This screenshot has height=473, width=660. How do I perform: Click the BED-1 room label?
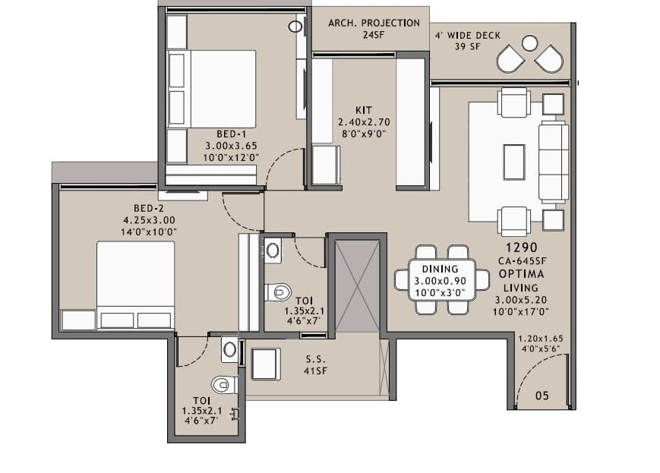pos(231,134)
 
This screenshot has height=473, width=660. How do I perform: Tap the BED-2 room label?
pos(149,208)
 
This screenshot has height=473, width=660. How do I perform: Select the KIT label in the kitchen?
pos(364,110)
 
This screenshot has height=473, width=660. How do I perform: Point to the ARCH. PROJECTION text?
pos(374,23)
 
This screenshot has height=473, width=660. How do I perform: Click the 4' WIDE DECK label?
pos(468,36)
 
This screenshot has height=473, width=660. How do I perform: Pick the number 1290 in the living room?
pos(522,248)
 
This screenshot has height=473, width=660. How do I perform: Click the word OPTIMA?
pos(522,274)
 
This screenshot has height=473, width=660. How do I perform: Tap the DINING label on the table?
pos(440,269)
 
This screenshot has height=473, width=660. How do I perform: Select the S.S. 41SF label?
pos(316,365)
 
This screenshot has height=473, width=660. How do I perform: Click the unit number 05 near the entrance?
pos(542,396)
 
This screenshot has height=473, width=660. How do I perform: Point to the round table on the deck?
pos(529,43)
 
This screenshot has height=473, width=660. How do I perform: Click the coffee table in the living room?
pos(514,162)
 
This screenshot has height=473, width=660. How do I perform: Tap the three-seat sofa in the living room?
pos(554,162)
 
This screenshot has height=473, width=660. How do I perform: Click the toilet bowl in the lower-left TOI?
pos(224,385)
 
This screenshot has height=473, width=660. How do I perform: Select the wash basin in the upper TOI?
pos(273,251)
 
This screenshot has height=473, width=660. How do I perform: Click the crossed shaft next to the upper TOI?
pos(358,286)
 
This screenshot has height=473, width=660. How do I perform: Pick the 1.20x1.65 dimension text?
pos(540,339)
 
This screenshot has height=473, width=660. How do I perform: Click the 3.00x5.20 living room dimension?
pos(521,300)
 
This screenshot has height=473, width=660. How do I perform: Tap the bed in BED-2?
pos(135,285)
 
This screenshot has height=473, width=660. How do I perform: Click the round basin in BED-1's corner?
pos(295,27)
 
